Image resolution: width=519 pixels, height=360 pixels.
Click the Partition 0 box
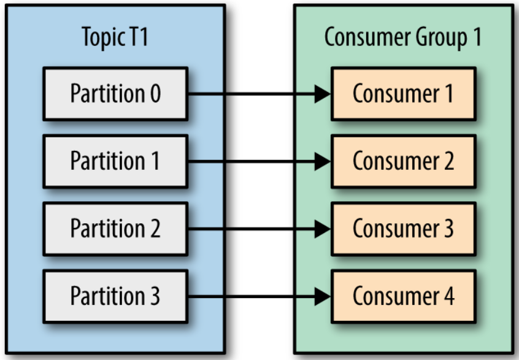point(115,94)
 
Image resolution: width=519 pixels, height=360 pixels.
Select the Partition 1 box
point(115,161)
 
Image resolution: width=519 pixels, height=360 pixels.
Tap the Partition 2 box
point(115,229)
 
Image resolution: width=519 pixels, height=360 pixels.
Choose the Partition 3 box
point(115,296)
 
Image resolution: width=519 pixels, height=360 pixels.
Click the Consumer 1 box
point(404,94)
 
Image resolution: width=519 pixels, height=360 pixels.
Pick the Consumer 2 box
point(404,161)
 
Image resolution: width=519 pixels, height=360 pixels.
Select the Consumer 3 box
point(404,229)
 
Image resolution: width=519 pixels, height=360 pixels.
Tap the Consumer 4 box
point(404,296)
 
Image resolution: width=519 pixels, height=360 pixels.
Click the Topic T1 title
point(115,37)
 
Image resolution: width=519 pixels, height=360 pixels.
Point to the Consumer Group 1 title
point(403,37)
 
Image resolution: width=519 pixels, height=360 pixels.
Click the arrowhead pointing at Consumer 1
point(323,94)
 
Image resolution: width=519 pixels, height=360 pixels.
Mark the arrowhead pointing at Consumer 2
point(323,161)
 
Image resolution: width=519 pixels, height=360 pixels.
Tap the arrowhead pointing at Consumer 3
point(323,229)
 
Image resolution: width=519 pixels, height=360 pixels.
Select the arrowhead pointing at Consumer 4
point(323,296)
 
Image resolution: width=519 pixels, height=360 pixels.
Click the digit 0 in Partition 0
point(156,94)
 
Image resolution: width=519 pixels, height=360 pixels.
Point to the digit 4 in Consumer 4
point(449,296)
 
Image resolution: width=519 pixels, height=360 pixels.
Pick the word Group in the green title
point(442,39)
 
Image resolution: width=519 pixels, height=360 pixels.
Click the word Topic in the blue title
point(104,39)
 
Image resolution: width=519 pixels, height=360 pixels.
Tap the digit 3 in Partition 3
point(155,296)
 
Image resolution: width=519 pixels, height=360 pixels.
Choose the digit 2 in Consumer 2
point(449,161)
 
